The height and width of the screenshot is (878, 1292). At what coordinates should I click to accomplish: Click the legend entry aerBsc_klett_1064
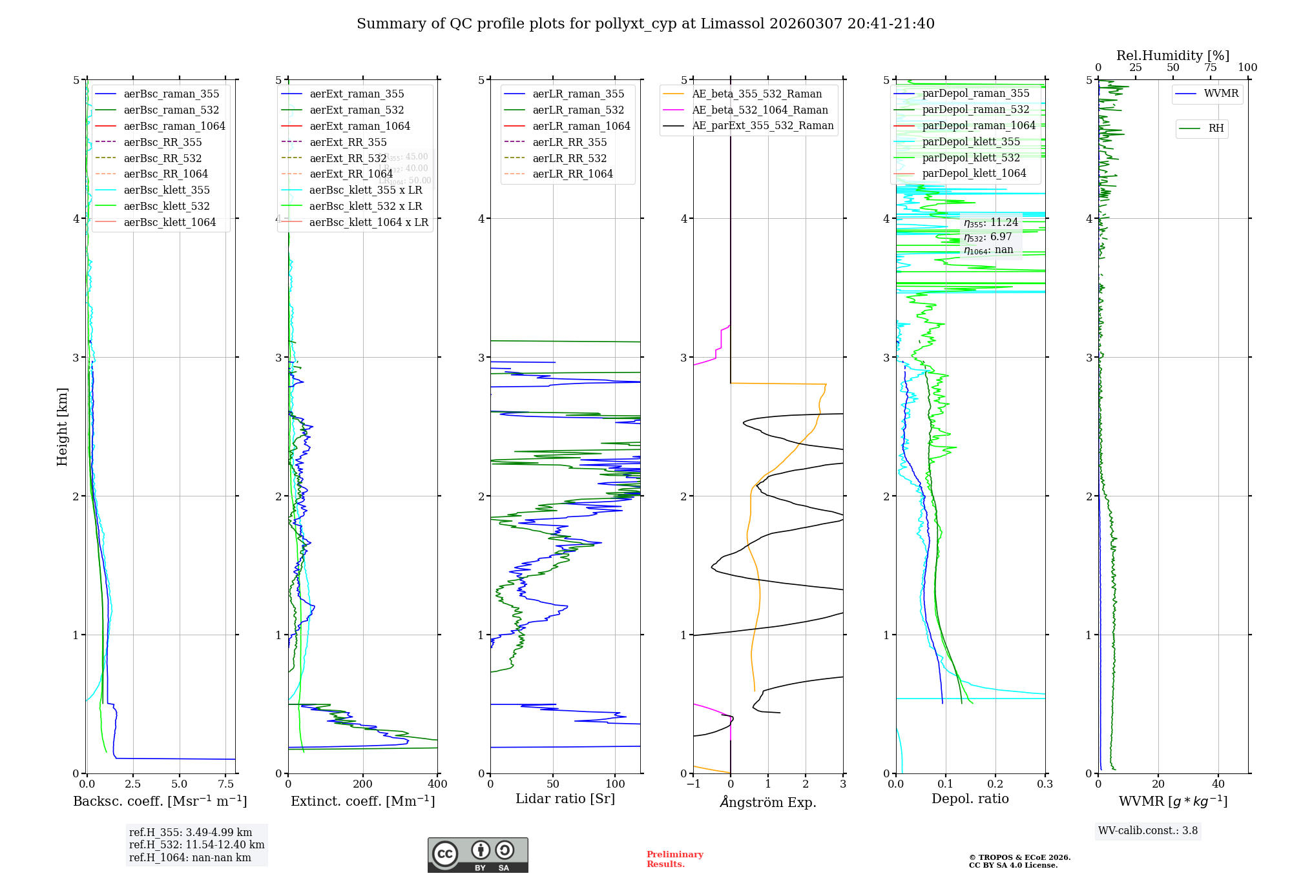point(169,222)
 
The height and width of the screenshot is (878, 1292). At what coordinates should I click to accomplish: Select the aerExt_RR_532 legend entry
point(348,158)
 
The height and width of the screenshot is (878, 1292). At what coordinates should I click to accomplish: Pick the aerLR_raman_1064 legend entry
point(581,126)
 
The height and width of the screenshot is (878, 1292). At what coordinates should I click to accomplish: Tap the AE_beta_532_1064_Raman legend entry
point(760,110)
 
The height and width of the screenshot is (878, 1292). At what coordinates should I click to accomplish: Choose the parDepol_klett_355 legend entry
point(971,141)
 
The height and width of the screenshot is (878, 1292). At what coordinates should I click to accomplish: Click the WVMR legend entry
point(1221,94)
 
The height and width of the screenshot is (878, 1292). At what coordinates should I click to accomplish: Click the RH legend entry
point(1216,128)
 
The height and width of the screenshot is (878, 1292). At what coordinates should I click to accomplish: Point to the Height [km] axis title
point(62,426)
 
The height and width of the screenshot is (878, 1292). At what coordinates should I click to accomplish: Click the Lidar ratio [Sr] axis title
point(565,799)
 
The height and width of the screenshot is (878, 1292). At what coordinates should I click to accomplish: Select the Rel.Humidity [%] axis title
point(1172,56)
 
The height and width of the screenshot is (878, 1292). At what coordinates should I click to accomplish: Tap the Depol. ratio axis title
point(970,799)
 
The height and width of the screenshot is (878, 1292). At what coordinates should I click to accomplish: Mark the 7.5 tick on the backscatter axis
point(226,784)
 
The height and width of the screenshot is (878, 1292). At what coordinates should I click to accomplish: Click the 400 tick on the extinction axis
point(437,784)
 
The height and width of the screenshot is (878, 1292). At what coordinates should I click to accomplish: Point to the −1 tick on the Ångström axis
point(693,784)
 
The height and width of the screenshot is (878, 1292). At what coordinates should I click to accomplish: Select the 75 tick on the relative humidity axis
point(1210,67)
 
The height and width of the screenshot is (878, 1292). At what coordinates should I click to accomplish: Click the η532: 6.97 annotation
point(988,237)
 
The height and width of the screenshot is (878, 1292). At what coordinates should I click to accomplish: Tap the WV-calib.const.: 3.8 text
point(1148,831)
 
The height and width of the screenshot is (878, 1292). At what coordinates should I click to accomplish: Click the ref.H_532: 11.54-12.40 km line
point(196,845)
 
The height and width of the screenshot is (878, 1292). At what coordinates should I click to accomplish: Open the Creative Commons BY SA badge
point(477,855)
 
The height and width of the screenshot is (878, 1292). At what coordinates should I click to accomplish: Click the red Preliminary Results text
point(674,859)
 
